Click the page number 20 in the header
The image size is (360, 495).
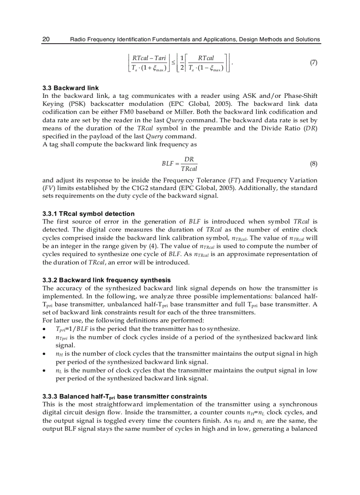(46, 39)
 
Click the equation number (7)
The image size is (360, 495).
(313, 63)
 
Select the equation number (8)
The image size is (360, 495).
(313, 164)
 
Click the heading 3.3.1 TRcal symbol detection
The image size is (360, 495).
(89, 214)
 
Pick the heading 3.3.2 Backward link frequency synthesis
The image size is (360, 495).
(106, 280)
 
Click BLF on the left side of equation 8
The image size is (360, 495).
(168, 164)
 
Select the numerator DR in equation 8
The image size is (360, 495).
(189, 159)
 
